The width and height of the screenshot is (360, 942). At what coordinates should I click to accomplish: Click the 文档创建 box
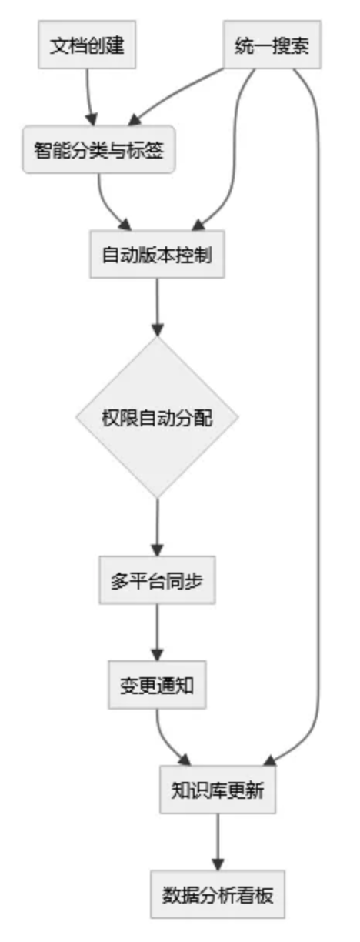point(87,45)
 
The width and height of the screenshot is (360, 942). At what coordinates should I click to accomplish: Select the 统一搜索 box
point(272,45)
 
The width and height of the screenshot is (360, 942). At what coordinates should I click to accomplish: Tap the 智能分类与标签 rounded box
point(98,149)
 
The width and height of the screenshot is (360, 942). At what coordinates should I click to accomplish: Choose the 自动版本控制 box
point(157,254)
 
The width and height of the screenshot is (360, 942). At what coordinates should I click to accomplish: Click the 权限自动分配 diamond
point(157,417)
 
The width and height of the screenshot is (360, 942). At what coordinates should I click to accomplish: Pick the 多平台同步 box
point(157,580)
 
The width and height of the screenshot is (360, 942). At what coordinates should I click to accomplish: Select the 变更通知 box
point(157,685)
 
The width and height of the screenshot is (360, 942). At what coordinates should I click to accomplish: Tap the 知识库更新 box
point(218,790)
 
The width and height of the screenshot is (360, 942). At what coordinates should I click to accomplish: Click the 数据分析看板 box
point(218,894)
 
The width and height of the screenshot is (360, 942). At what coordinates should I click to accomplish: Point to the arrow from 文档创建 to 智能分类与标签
point(88,97)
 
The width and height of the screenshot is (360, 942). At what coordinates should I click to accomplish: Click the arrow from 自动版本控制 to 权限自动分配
point(157,307)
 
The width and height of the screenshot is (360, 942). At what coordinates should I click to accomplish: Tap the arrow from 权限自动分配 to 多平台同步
point(157,527)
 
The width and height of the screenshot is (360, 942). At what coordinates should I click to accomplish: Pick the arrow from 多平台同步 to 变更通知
point(157,633)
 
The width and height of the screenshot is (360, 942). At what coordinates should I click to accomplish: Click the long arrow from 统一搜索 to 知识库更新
point(318,416)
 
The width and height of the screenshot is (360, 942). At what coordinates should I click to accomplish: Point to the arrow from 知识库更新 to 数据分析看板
point(218,842)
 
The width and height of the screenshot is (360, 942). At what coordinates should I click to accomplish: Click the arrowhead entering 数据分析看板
point(218,865)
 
